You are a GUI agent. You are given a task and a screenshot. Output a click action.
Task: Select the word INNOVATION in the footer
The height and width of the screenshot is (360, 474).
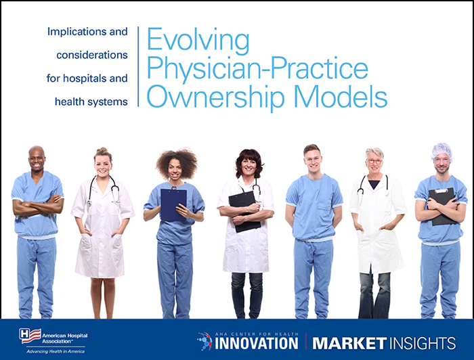[257, 342]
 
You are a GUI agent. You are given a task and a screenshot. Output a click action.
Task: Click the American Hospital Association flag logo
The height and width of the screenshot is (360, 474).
[29, 335]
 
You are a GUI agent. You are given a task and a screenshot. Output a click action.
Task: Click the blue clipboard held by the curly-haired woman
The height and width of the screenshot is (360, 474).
[173, 204]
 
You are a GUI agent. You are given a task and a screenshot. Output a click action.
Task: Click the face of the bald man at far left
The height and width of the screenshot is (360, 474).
[37, 160]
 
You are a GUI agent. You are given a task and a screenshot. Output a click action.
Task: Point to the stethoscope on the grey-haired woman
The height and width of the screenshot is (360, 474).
[373, 187]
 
